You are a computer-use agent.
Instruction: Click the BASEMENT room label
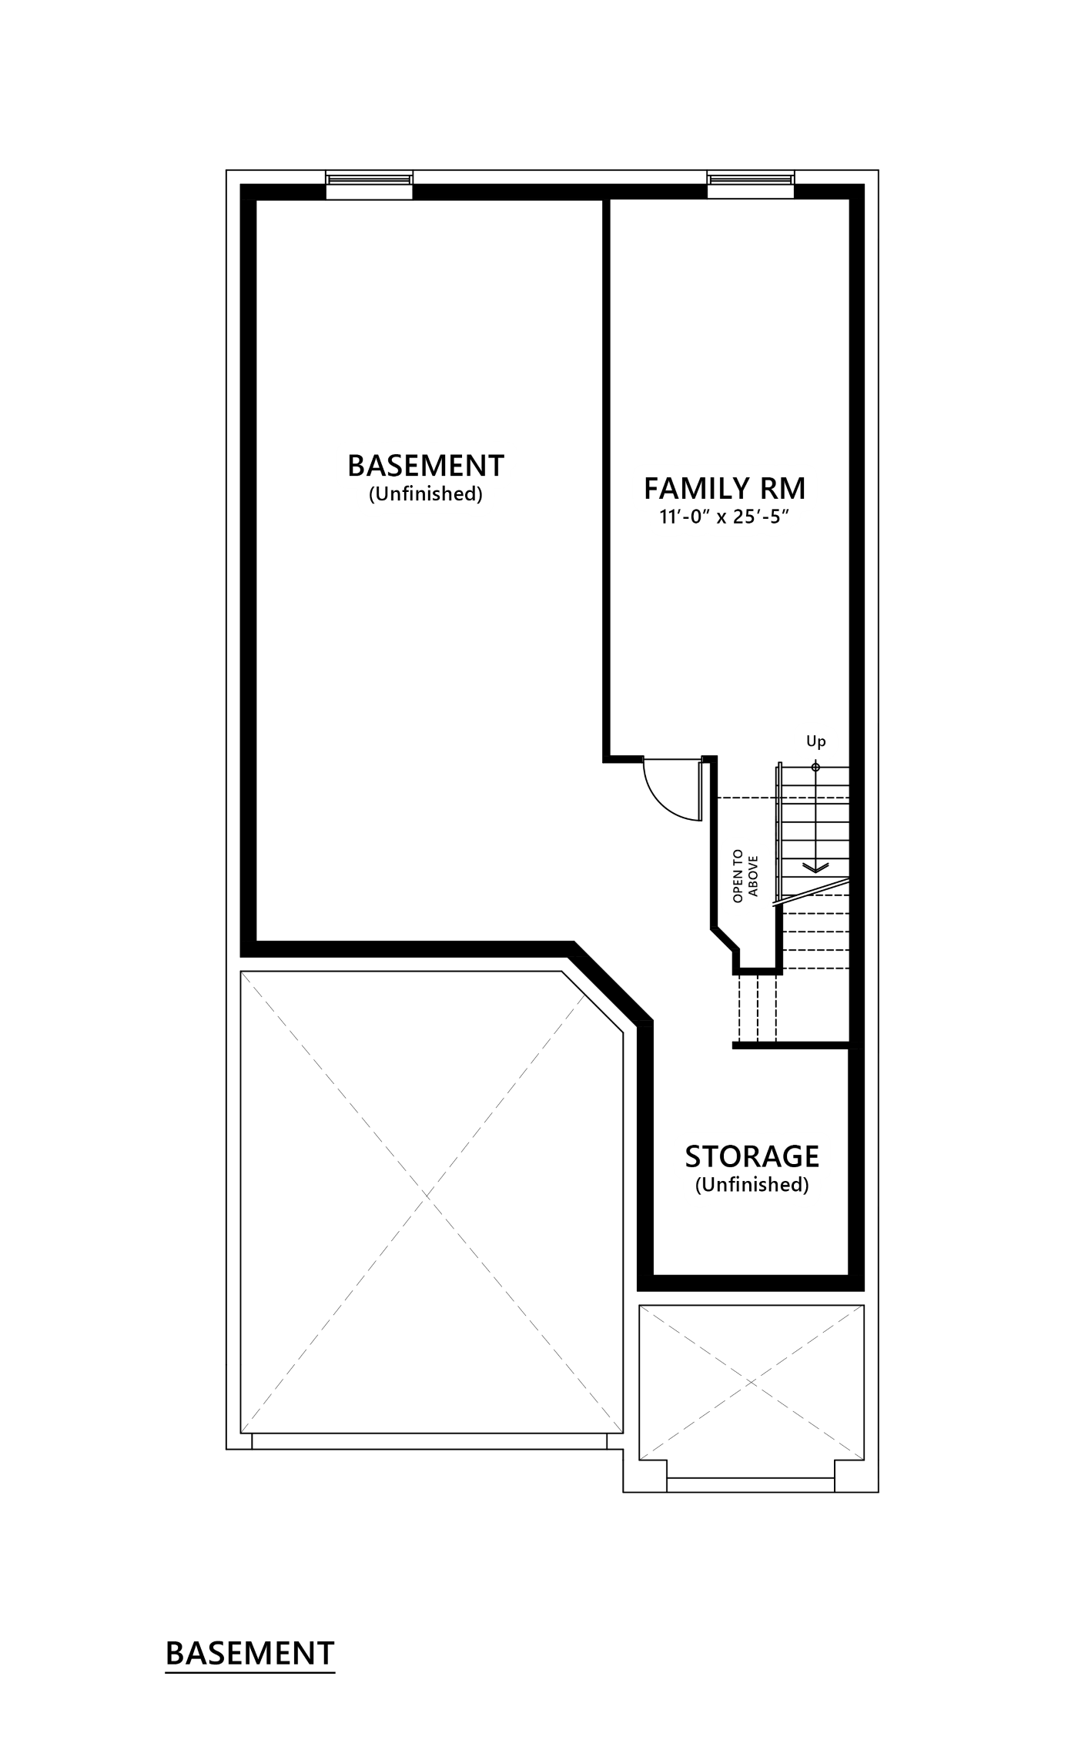tap(426, 466)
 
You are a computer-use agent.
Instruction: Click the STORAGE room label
tap(752, 1156)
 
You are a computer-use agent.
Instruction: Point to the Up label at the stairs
tap(815, 741)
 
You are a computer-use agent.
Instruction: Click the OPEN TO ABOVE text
tap(745, 876)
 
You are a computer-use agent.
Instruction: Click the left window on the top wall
tap(367, 179)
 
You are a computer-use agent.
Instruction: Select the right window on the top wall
tap(749, 179)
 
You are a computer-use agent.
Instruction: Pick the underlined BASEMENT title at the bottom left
tap(250, 1653)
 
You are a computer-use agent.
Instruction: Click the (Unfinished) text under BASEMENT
tap(426, 494)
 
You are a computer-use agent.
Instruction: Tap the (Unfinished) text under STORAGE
tap(752, 1185)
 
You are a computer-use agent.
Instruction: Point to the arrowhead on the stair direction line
tap(815, 868)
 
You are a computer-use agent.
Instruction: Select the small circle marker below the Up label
tap(815, 767)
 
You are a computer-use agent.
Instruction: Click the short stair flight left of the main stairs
tap(756, 1008)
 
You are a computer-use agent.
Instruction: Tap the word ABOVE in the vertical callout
tap(754, 876)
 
